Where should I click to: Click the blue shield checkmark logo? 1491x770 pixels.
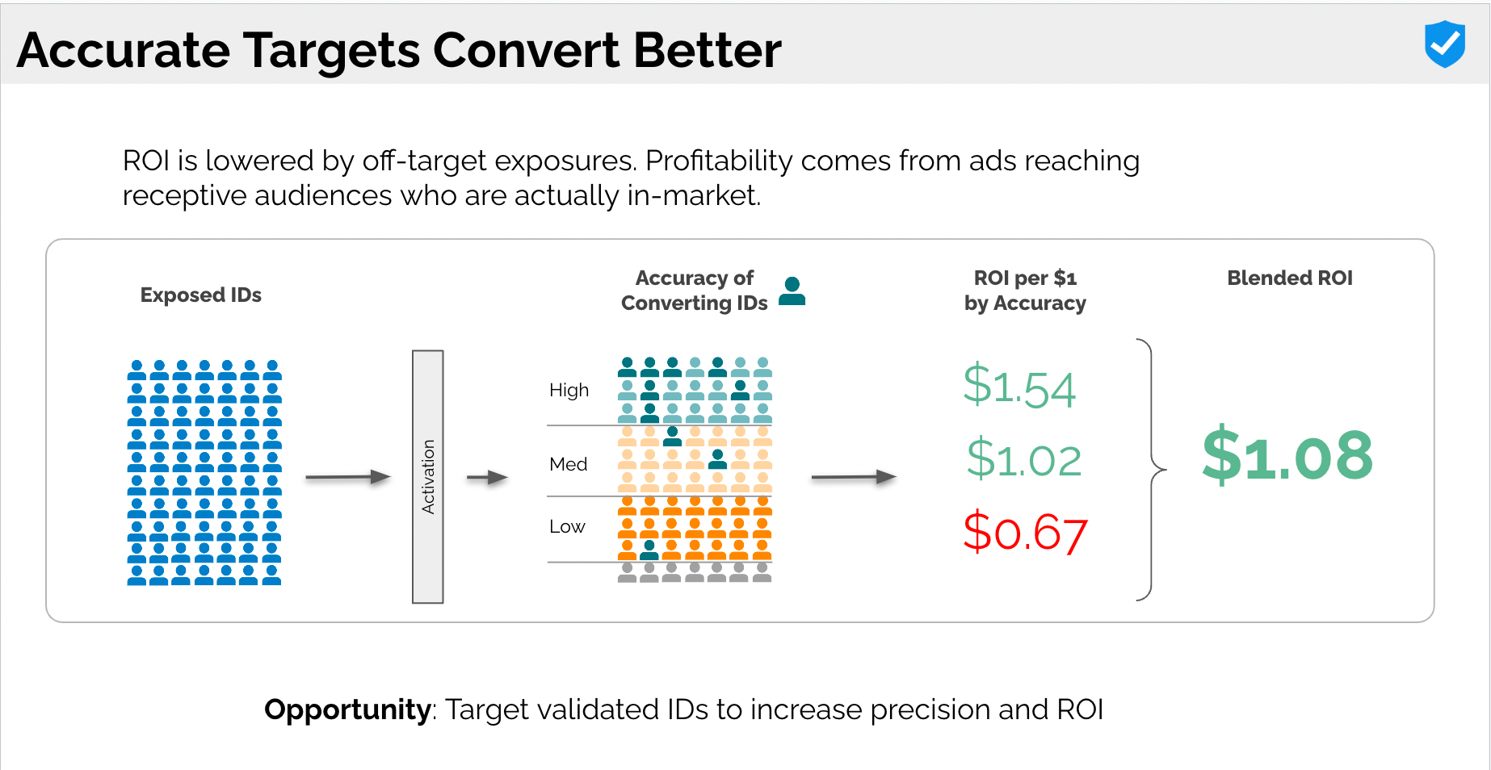coord(1445,44)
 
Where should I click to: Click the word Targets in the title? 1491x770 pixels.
coord(332,50)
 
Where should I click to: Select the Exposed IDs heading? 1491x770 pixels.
coord(201,295)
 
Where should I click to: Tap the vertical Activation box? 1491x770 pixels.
coord(428,477)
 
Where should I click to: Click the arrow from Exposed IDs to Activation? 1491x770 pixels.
coord(348,477)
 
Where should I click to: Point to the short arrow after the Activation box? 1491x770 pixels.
coord(487,478)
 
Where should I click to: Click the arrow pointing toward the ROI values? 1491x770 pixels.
coord(854,477)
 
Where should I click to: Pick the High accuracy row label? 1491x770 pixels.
coord(569,390)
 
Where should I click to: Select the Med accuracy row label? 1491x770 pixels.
coord(568,464)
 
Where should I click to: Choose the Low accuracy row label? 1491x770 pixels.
coord(567,526)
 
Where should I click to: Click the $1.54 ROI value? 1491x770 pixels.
coord(1019,387)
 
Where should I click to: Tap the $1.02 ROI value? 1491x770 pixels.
coord(1024,458)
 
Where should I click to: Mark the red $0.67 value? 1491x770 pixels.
coord(1025,532)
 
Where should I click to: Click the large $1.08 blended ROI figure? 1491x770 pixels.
coord(1287,455)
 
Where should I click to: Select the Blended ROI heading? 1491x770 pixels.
coord(1290,278)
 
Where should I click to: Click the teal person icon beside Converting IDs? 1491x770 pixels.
coord(792,291)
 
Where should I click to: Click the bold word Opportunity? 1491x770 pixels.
coord(347,709)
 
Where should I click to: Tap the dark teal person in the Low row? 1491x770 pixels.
coord(649,550)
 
